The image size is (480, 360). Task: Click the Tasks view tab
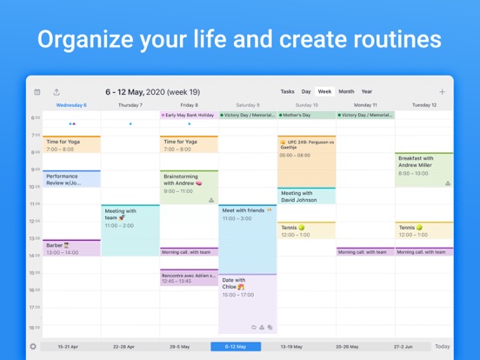coord(287,91)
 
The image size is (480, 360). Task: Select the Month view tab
coord(346,91)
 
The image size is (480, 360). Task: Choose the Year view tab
coord(367,91)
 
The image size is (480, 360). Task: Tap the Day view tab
coord(306,91)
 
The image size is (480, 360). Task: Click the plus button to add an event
coord(442,91)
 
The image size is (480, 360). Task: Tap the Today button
coord(442,346)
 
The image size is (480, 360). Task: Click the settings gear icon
coord(34,346)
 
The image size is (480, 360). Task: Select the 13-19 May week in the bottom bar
coord(292,346)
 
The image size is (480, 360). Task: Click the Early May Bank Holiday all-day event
coord(189,115)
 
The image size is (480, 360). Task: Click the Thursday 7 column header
coord(130,105)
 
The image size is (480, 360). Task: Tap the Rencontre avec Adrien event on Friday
coord(189,277)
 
